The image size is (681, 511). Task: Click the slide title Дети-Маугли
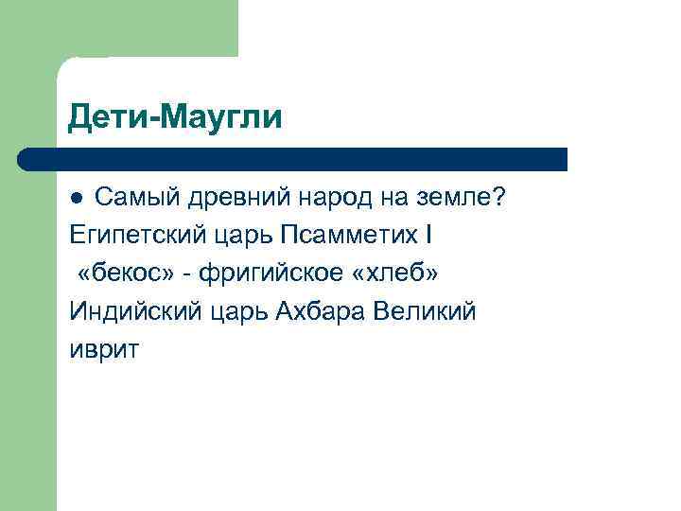pyautogui.click(x=175, y=118)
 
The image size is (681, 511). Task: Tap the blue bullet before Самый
pyautogui.click(x=78, y=198)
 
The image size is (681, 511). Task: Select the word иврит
pyautogui.click(x=104, y=349)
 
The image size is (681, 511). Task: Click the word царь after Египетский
pyautogui.click(x=241, y=236)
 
